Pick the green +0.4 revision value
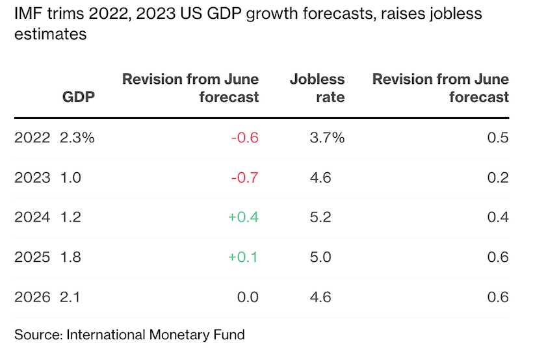[x=243, y=217]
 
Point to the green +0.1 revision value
[x=243, y=257]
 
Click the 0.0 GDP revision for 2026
[x=248, y=297]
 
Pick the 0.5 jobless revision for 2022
[x=498, y=138]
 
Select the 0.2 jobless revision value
[x=498, y=177]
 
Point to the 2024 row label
[x=32, y=217]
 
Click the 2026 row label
[x=32, y=297]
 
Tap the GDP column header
[x=79, y=97]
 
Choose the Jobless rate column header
[x=317, y=88]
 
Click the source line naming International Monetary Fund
[x=129, y=335]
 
